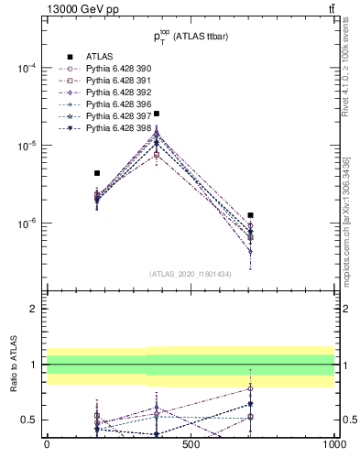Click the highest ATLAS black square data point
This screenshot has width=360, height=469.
pos(157,114)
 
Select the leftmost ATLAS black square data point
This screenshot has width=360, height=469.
pos(97,172)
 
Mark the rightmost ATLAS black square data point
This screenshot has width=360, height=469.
pos(250,215)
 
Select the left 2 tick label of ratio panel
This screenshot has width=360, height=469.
pos(35,309)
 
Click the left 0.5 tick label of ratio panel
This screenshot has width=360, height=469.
pos(29,420)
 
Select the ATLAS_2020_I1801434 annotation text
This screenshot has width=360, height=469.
pos(191,274)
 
